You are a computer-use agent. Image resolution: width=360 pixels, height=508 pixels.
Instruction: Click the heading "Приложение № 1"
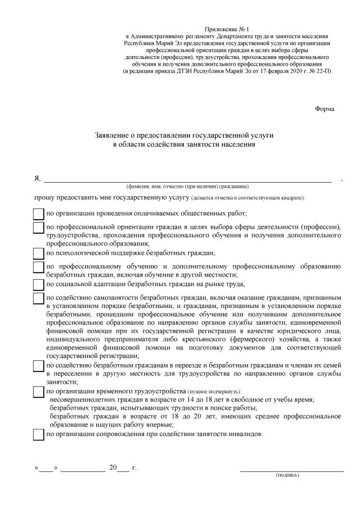tap(227, 28)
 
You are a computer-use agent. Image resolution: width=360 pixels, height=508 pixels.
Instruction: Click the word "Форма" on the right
tap(325, 109)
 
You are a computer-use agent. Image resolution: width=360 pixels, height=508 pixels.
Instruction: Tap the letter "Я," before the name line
tap(38, 178)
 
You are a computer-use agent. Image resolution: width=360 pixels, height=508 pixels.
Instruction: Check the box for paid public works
tap(38, 214)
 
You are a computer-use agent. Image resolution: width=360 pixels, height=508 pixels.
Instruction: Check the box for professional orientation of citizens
tap(38, 228)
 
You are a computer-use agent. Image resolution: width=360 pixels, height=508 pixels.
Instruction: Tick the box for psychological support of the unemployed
tap(38, 254)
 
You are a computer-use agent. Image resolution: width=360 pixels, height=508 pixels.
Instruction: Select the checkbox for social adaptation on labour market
tap(38, 285)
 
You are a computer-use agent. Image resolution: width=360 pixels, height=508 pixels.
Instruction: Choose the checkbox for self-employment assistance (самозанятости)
tap(38, 298)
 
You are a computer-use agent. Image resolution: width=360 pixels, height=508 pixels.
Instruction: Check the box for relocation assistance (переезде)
tap(38, 366)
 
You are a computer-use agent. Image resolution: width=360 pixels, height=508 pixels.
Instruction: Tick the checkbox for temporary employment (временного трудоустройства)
tap(38, 392)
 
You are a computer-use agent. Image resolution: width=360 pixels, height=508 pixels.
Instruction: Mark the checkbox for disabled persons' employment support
tap(38, 435)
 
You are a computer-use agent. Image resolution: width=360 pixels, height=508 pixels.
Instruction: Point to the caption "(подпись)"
tap(287, 475)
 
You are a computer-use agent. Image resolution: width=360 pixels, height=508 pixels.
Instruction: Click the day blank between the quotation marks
tap(47, 468)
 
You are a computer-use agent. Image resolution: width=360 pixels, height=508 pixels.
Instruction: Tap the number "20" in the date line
tap(114, 468)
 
